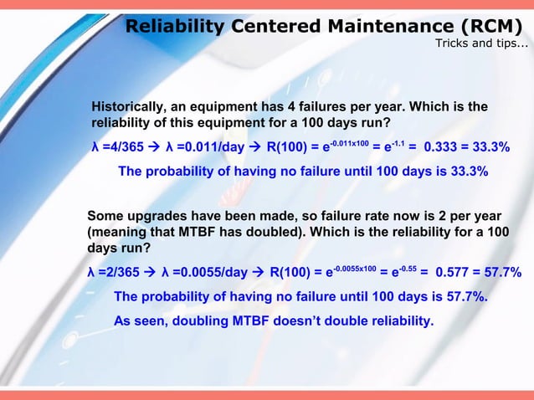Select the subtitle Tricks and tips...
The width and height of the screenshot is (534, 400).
point(480,44)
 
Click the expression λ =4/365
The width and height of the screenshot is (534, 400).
point(117,148)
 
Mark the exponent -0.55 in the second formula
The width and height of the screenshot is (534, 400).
point(403,268)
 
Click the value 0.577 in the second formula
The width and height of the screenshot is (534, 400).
point(455,273)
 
